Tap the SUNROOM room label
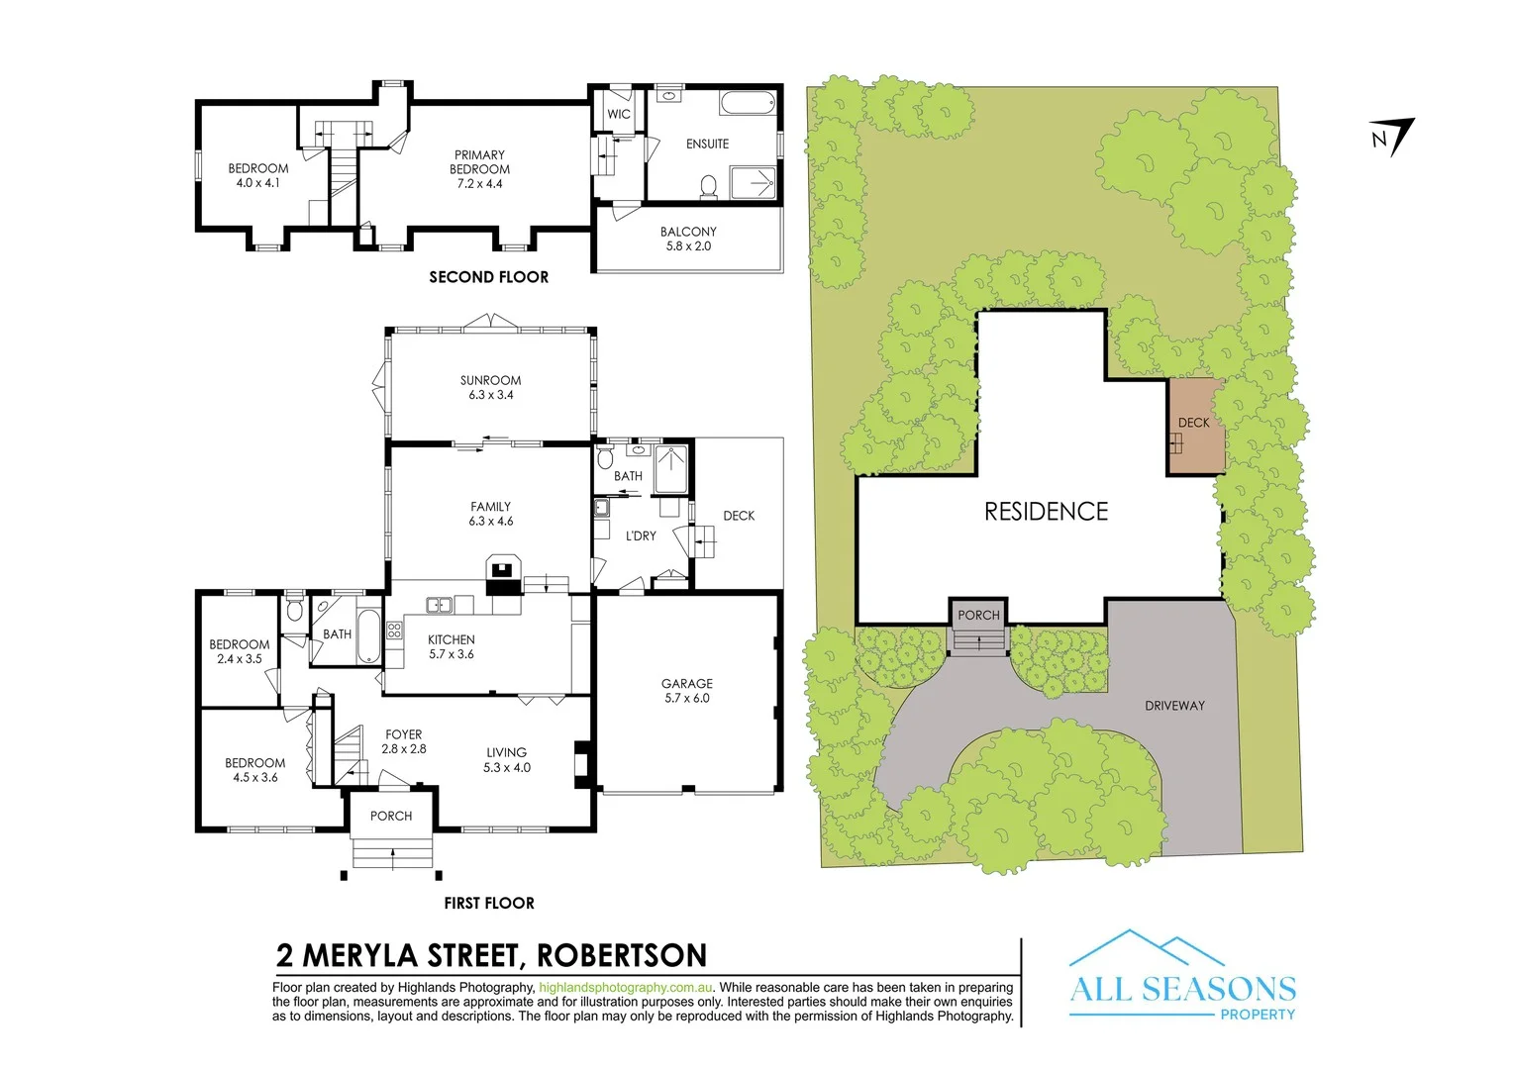tap(490, 387)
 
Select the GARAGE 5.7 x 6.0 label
tap(687, 691)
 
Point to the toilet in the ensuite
tap(708, 186)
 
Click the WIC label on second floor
tap(619, 114)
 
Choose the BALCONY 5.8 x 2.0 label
tap(688, 239)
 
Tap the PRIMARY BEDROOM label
tap(479, 169)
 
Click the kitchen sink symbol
tap(439, 605)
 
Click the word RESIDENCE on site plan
tap(1046, 512)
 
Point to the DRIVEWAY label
tap(1174, 706)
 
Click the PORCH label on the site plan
tap(978, 615)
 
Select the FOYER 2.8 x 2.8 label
tap(404, 741)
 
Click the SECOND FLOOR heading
tap(488, 277)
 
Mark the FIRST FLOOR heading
tap(489, 903)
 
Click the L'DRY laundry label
tap(641, 535)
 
